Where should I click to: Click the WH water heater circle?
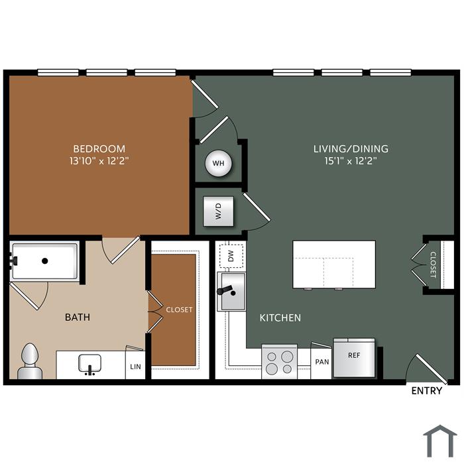click(219, 163)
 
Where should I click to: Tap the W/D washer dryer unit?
click(218, 211)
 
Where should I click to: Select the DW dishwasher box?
click(231, 256)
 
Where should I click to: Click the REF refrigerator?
click(354, 357)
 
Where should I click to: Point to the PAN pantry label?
click(322, 362)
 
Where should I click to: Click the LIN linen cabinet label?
click(135, 367)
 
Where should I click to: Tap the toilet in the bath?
click(30, 361)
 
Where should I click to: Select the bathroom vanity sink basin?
click(89, 363)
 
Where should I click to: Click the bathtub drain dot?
click(45, 261)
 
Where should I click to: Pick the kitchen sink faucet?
click(227, 290)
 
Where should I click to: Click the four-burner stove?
click(279, 362)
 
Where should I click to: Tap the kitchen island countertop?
click(334, 264)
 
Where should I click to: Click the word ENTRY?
click(427, 391)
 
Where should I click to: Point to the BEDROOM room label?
click(99, 148)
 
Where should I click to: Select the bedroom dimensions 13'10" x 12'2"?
click(99, 161)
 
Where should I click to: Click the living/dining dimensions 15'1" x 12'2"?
click(351, 161)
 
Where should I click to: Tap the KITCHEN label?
click(280, 318)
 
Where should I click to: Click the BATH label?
click(78, 318)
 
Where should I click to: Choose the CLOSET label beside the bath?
click(179, 310)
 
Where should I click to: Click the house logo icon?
click(440, 441)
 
